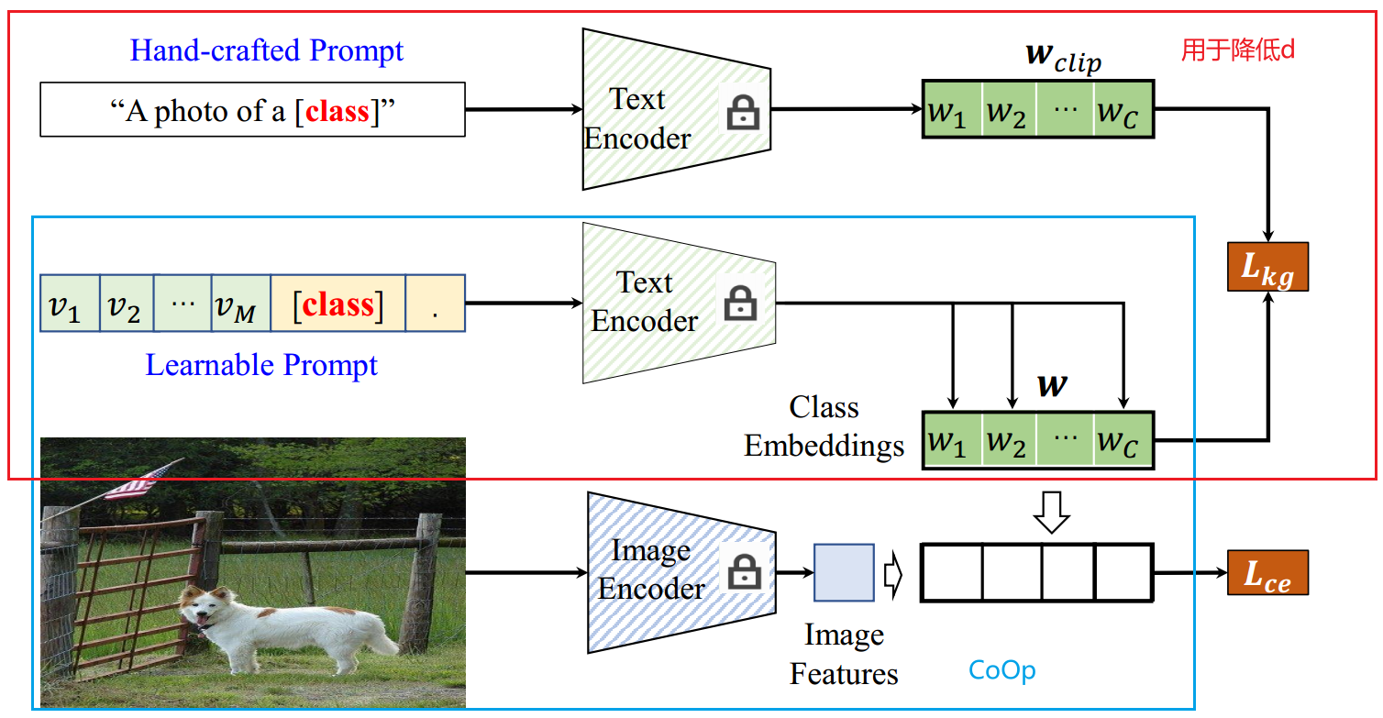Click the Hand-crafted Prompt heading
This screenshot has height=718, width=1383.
coord(266,50)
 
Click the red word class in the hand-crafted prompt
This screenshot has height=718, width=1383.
coord(337,111)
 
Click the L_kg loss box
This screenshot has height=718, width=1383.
coord(1267,267)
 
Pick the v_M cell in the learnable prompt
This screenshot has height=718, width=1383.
coord(240,304)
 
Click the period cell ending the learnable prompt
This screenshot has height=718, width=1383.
coord(435,304)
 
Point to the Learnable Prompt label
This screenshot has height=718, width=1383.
coord(261,366)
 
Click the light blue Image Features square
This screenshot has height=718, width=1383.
coord(844,572)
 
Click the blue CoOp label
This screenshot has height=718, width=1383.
coord(1001,670)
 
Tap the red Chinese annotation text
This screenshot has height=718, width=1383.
coord(1237,50)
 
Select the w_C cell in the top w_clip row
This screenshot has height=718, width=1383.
coord(1123,111)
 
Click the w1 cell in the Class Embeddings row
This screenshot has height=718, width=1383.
coord(951,441)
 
